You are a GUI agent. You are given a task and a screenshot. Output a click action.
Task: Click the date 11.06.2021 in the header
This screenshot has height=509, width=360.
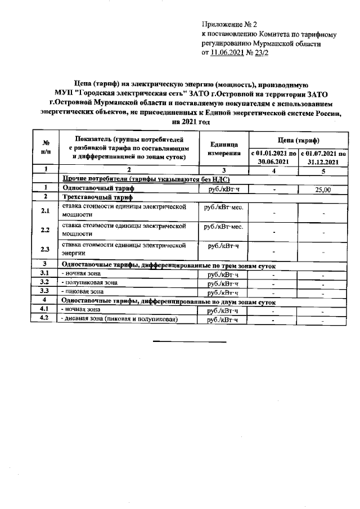pos(227,53)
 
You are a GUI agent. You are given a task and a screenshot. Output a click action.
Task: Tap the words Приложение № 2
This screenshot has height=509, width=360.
pos(229,25)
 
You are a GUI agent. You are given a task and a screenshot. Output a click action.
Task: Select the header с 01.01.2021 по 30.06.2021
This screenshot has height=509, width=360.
pos(273,157)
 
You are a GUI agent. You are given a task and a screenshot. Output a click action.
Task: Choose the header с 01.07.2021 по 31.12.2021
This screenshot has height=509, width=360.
pos(323,157)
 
